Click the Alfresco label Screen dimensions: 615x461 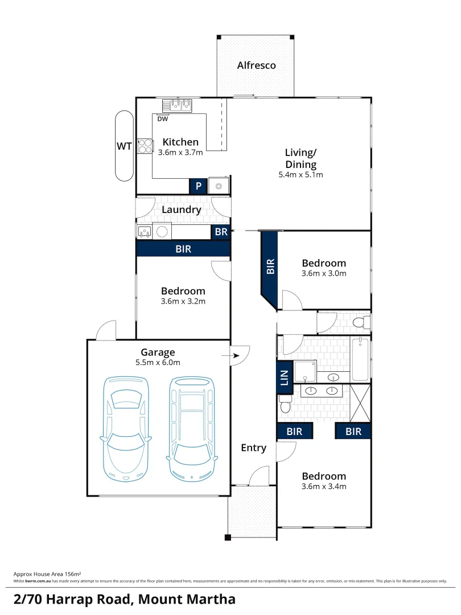[256, 65]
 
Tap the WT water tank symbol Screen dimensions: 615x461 [124, 146]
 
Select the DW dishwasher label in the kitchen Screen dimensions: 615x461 [163, 119]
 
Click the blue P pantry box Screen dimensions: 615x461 [198, 186]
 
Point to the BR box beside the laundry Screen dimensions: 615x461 [221, 232]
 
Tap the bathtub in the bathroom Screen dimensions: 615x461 [360, 359]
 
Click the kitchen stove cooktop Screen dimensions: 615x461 [145, 146]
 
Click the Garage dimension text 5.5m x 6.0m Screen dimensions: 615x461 [158, 363]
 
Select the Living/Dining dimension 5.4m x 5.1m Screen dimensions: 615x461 [301, 175]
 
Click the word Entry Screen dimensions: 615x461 [253, 448]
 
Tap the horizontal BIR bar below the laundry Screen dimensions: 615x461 [183, 249]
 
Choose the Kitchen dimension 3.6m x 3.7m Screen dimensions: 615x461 [180, 153]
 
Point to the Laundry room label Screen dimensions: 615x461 [182, 210]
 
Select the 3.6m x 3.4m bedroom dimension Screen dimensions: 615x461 [324, 486]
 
